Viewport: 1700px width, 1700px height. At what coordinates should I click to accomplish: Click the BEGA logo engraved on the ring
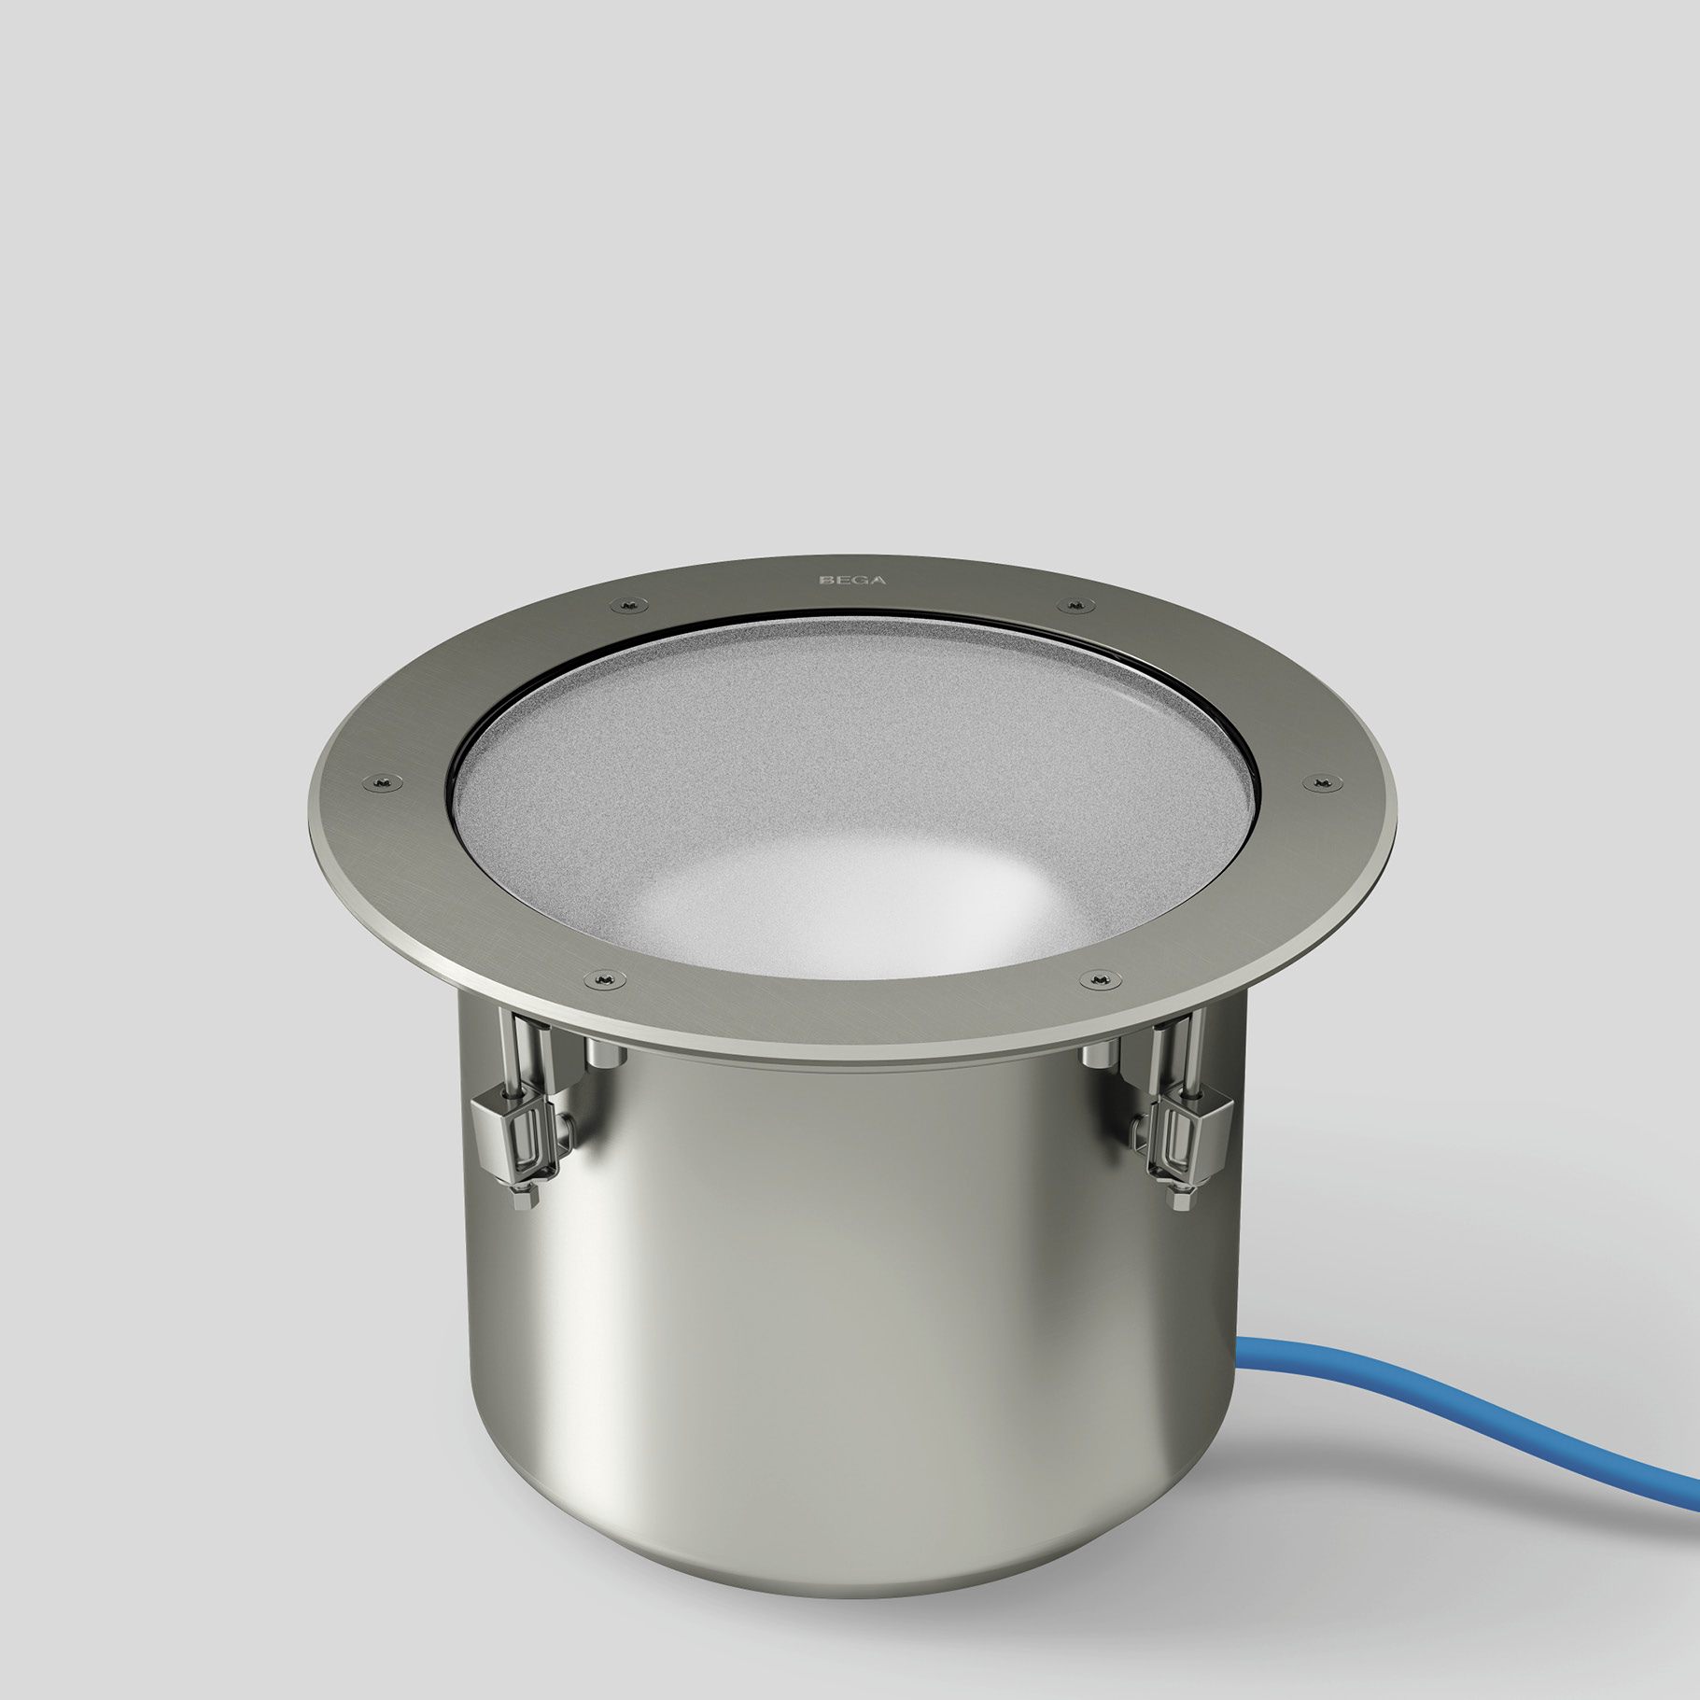click(851, 580)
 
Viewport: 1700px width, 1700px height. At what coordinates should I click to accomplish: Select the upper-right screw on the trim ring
click(1075, 607)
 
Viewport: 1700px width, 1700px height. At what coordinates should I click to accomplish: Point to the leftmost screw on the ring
click(382, 780)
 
